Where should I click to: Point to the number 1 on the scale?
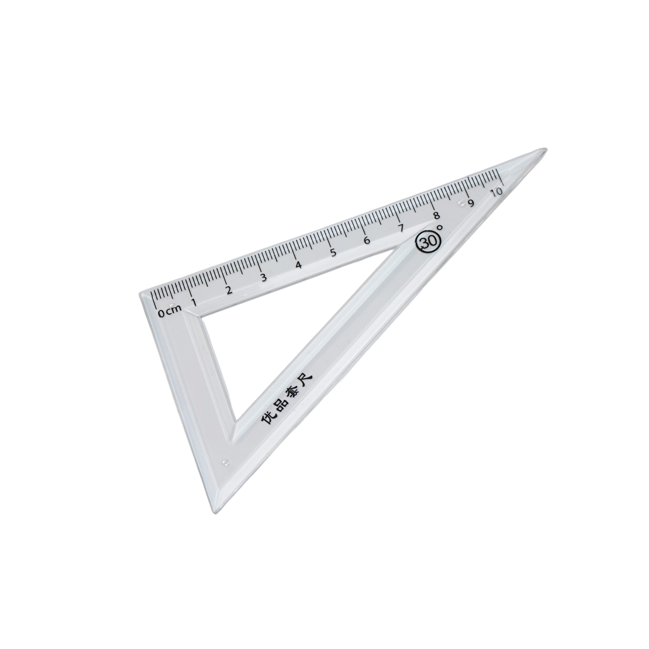tap(194, 302)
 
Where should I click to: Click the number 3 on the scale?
tap(264, 278)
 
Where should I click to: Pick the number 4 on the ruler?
tap(298, 265)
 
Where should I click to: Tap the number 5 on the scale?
tap(333, 252)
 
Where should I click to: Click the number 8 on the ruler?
tap(436, 216)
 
